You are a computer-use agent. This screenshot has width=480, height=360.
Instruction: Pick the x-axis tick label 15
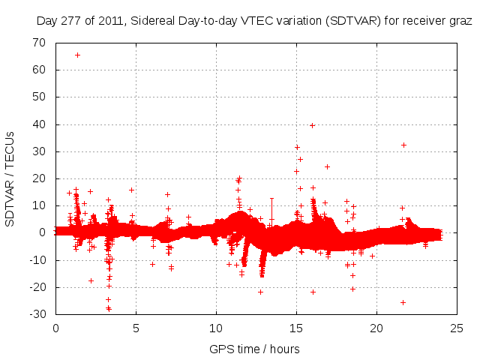296,328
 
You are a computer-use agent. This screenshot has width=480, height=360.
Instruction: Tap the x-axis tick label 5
136,328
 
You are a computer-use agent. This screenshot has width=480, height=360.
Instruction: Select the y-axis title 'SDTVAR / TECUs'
11,178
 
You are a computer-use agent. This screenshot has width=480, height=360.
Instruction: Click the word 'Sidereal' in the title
153,20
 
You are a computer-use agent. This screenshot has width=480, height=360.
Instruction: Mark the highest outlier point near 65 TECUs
77,55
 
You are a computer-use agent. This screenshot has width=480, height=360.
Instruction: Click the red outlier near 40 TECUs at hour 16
312,125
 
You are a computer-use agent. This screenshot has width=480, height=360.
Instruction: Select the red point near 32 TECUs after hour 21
403,145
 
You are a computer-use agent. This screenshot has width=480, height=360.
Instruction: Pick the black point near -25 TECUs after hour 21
403,302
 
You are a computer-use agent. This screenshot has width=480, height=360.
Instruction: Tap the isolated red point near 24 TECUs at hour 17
327,166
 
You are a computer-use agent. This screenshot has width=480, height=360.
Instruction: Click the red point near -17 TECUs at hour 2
91,280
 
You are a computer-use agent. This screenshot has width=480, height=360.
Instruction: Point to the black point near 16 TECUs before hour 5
131,190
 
